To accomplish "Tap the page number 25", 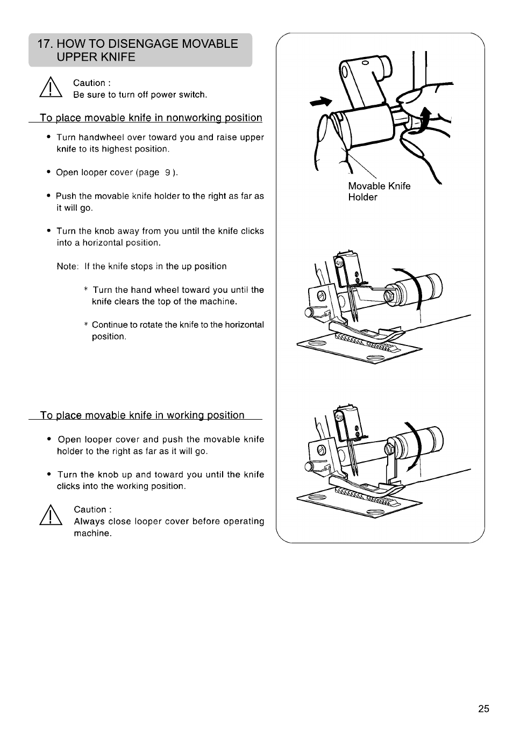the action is [x=483, y=709].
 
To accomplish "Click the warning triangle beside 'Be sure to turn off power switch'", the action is [x=51, y=87].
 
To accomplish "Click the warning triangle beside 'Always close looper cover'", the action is [x=51, y=515].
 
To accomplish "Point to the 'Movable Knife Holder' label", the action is [x=379, y=191].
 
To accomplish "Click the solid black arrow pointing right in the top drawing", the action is [x=320, y=102].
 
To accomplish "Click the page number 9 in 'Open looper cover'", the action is [x=168, y=172].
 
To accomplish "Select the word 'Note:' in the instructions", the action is [x=68, y=267].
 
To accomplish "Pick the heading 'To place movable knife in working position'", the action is [x=142, y=415].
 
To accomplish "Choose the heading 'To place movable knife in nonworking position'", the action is [x=151, y=118].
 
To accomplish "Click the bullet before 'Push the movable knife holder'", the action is [x=48, y=196].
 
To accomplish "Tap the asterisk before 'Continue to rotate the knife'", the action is [x=85, y=325].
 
